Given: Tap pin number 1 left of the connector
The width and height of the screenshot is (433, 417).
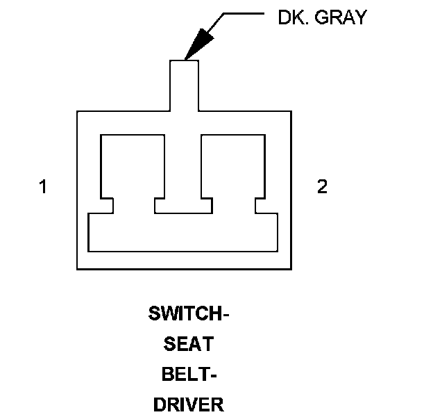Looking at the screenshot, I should click(43, 187).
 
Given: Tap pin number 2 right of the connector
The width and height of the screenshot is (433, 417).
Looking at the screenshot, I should click(322, 187).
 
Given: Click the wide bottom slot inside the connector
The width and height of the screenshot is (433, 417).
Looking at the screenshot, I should click(183, 233).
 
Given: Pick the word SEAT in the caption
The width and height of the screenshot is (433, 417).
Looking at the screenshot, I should click(189, 343).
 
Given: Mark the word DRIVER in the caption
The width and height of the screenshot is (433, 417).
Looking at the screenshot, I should click(189, 404).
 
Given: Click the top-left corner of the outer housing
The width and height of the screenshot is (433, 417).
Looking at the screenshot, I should click(77, 111).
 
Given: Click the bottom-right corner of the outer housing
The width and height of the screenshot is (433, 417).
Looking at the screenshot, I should click(290, 269).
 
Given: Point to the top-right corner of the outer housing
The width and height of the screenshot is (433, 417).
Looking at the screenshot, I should click(290, 111).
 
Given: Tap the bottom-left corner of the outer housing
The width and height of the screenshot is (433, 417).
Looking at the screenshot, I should click(77, 269).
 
